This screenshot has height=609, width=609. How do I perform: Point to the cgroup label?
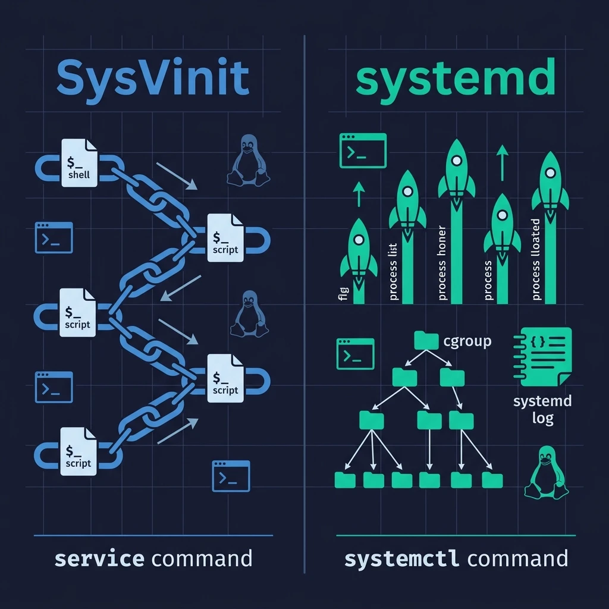point(468,341)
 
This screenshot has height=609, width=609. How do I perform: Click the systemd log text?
point(542,409)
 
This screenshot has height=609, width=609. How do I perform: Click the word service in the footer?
point(99,559)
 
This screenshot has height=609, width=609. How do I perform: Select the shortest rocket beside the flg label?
point(359,250)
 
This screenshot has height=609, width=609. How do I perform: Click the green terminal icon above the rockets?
point(362,150)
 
